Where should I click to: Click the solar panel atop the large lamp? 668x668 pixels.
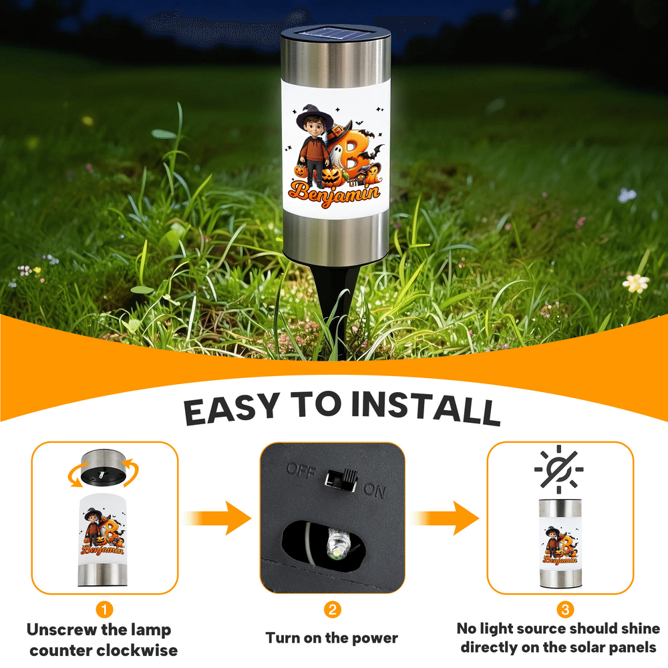[x=335, y=33]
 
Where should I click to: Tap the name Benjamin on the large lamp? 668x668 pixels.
[x=334, y=194]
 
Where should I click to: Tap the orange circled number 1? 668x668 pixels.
[x=104, y=609]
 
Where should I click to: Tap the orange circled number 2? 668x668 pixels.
[x=332, y=609]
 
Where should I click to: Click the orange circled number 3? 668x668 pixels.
[x=565, y=609]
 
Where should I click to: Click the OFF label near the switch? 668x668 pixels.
[x=302, y=471]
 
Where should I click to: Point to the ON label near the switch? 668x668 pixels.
[x=375, y=491]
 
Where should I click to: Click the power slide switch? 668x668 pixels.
[x=341, y=479]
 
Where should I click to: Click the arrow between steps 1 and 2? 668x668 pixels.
[x=218, y=518]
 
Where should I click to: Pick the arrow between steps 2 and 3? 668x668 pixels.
[x=445, y=518]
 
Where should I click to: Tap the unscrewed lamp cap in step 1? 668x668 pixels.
[x=104, y=468]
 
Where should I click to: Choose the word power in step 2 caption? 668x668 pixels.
[x=375, y=639]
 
